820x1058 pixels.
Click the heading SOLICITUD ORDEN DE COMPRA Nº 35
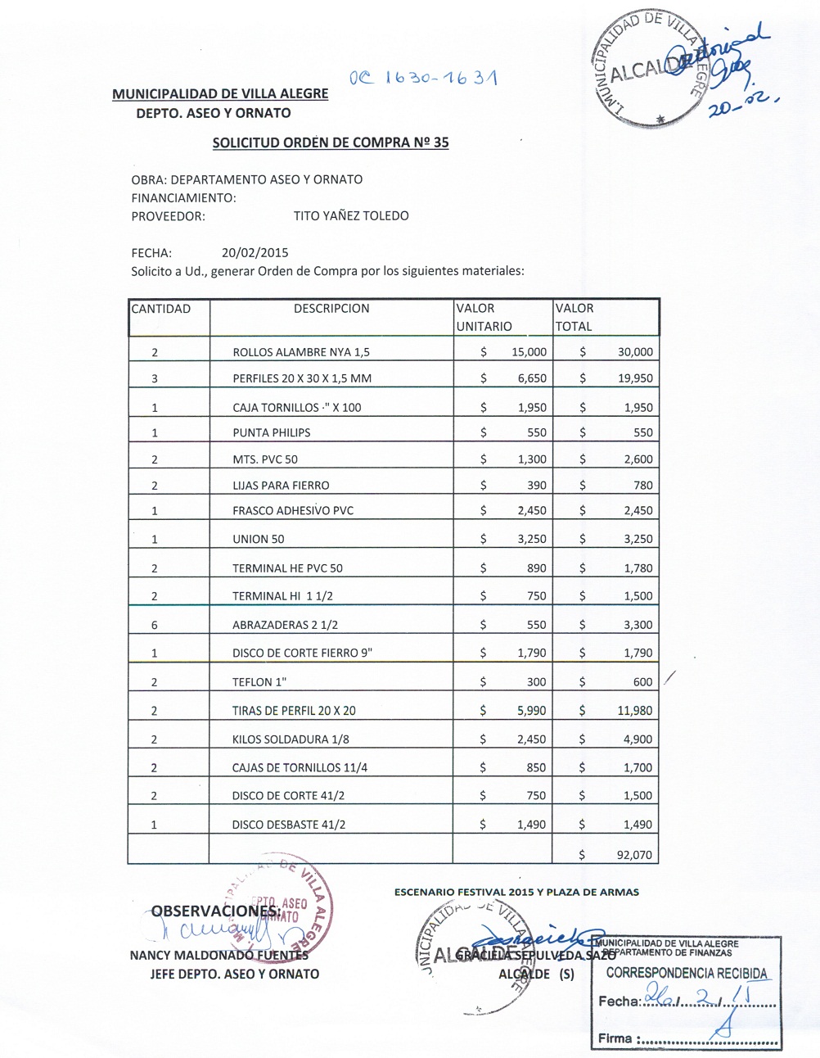331,142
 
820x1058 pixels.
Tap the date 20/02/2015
255,253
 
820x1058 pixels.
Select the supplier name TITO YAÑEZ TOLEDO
351,216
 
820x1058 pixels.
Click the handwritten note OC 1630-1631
423,79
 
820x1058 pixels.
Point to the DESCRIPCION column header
331,309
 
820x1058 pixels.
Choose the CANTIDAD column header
161,309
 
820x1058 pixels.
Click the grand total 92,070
634,855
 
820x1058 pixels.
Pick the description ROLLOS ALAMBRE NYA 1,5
301,352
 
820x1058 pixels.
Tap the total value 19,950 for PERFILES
635,378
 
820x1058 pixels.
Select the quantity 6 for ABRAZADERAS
154,625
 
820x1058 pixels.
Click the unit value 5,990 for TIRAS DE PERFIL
531,711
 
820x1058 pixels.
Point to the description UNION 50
259,539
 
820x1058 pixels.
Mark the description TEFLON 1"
259,682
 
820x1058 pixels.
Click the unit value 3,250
531,539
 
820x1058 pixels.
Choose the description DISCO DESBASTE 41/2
289,825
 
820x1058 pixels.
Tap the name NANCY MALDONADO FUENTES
219,955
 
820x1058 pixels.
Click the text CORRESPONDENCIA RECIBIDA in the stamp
687,974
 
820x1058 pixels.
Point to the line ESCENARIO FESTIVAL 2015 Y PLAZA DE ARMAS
516,892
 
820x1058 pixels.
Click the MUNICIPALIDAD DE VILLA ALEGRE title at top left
220,94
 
